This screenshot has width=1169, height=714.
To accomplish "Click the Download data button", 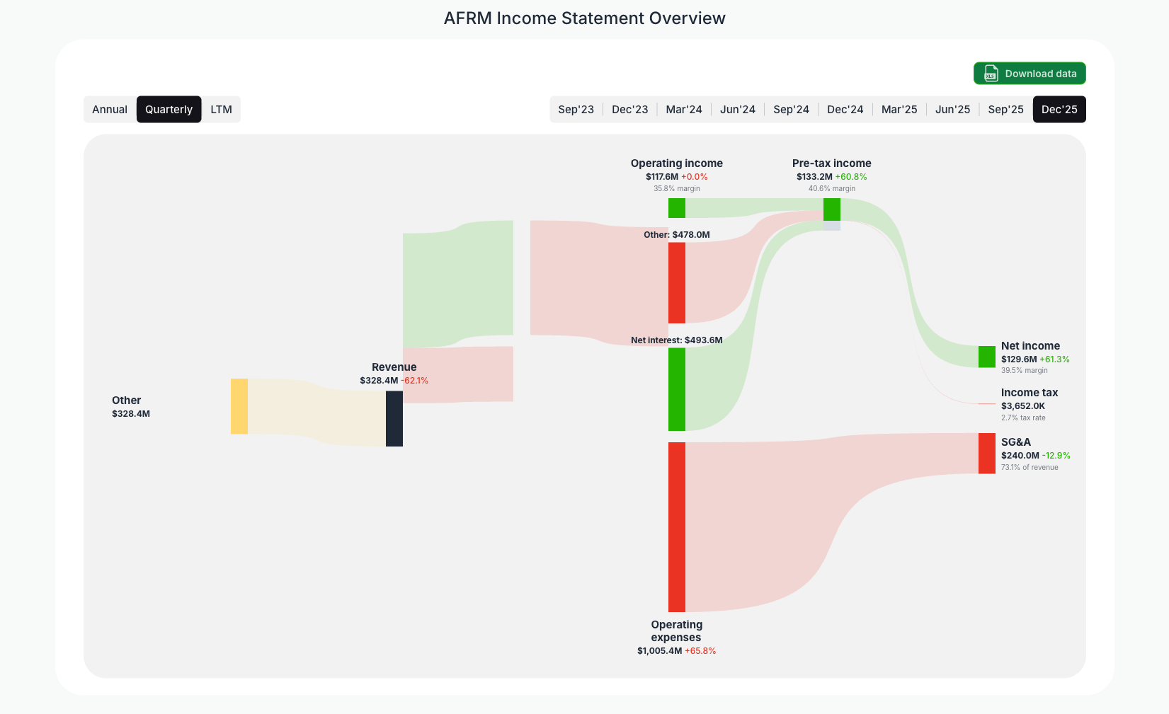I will click(1030, 74).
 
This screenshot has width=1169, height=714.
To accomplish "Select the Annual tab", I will click(110, 110).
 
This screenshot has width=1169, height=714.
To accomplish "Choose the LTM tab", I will click(221, 110).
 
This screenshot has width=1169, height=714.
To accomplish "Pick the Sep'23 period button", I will click(576, 110).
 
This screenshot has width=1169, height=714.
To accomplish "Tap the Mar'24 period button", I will click(683, 110).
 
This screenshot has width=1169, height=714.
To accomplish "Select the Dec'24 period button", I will click(845, 110).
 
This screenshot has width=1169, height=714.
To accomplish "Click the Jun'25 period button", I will click(952, 110).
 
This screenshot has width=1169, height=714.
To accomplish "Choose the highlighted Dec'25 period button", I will click(1059, 110).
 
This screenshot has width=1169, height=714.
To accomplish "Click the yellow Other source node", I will click(239, 406).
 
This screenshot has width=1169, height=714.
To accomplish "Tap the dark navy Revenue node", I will click(394, 418).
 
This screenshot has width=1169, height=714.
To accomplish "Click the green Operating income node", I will click(677, 208).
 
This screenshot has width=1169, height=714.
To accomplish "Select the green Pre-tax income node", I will click(832, 209).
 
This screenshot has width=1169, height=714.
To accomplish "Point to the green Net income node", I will click(987, 357).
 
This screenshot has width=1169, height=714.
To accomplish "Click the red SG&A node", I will click(987, 454).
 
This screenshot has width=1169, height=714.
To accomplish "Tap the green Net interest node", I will click(677, 389).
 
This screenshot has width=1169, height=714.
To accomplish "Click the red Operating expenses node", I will click(677, 526).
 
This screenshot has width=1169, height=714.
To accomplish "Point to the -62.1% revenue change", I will click(415, 381).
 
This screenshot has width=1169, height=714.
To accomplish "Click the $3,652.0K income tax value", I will click(1023, 406).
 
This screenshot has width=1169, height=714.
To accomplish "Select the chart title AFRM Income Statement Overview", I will click(584, 18).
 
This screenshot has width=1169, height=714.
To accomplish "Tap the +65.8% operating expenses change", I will click(700, 651).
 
